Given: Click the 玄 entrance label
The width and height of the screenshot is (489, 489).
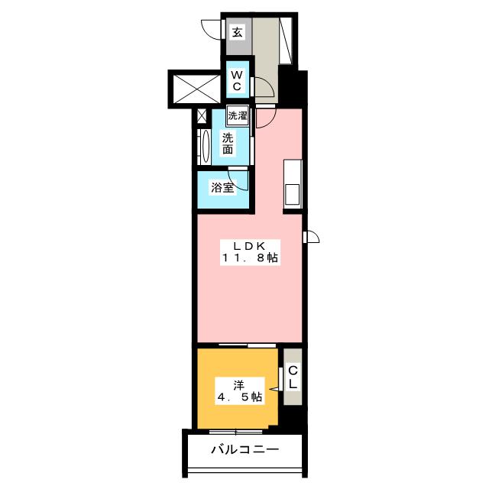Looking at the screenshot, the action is (x=237, y=32).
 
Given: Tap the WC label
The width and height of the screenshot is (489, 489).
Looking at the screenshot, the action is (x=237, y=80).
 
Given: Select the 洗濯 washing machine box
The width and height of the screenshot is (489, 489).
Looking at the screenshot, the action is (x=238, y=115).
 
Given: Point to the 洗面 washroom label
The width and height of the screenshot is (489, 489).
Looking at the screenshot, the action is (x=228, y=144).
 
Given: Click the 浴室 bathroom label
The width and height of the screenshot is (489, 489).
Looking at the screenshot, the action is (x=222, y=187).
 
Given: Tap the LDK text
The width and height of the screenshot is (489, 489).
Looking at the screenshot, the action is (x=250, y=246).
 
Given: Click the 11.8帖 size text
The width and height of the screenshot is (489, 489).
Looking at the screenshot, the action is (x=250, y=258).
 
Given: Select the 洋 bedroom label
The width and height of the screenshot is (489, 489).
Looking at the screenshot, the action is (x=238, y=386).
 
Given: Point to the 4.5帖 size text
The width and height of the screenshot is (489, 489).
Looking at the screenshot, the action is (x=239, y=397).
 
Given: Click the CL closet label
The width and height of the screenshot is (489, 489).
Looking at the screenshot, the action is (x=293, y=377).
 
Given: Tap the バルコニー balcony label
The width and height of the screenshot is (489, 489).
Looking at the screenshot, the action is (x=244, y=449).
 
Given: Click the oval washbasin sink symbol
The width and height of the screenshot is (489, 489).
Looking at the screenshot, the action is (x=206, y=146).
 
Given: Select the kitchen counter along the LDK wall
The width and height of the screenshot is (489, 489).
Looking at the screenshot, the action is (x=293, y=184).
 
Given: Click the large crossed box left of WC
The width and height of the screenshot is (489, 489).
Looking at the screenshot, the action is (x=196, y=89).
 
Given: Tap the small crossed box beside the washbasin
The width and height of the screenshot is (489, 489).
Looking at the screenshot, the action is (x=202, y=116).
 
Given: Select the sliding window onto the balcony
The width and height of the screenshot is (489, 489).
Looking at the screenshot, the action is (x=236, y=432).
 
